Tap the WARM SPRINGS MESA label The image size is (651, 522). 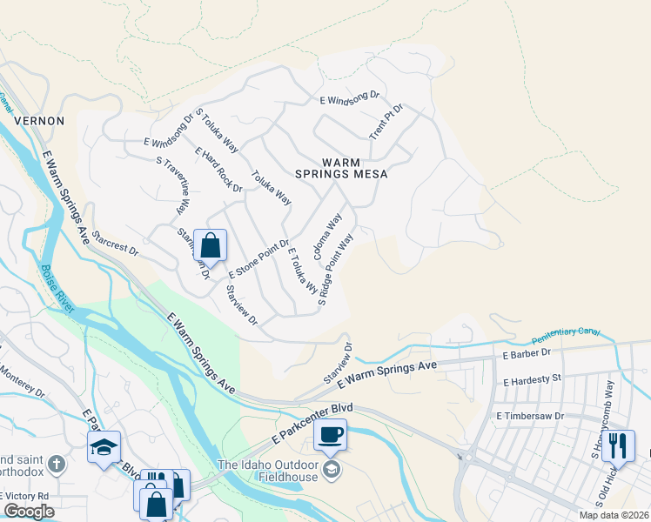point(354,168)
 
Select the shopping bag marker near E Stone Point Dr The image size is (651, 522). point(210,245)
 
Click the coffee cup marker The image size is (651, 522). point(331,433)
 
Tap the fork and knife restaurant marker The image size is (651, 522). point(618,445)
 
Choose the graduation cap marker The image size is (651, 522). point(104,448)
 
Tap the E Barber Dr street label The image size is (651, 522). point(527,353)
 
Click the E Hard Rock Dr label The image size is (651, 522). point(218,169)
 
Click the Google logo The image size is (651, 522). point(29,512)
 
